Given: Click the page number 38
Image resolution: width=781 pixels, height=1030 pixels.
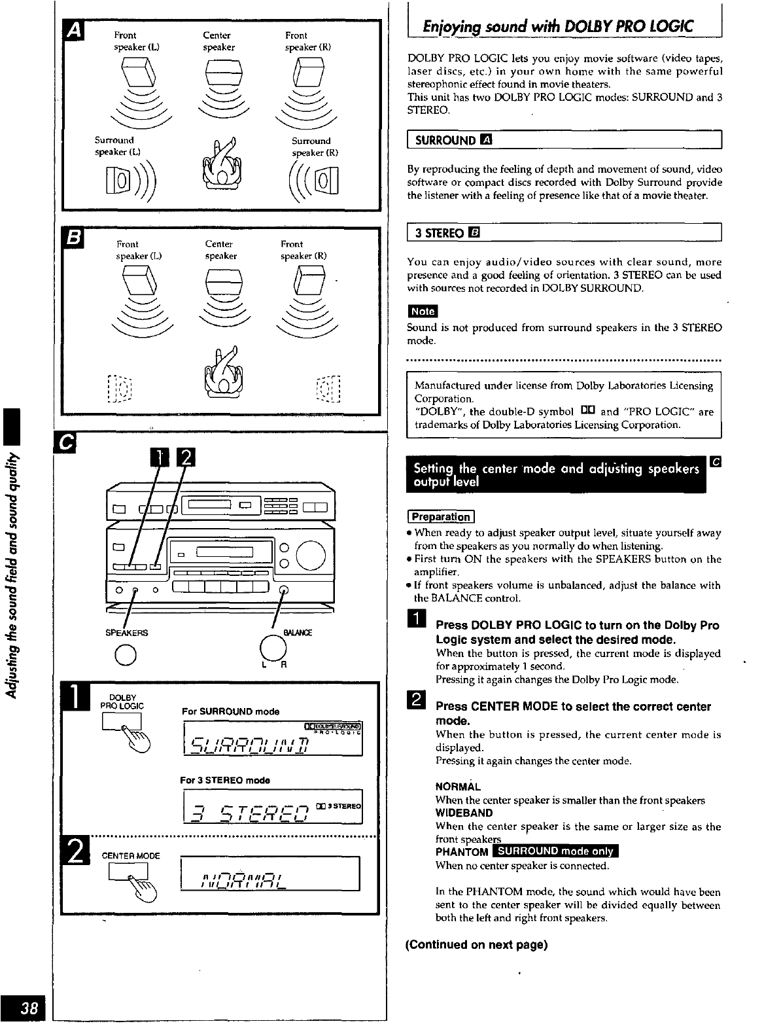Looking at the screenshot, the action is (29, 1007).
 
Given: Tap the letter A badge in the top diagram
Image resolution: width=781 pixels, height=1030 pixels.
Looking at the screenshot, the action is (74, 31).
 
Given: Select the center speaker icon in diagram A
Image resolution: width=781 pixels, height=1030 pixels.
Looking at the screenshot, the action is (224, 73).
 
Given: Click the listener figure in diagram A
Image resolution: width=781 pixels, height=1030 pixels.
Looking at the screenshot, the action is (222, 164).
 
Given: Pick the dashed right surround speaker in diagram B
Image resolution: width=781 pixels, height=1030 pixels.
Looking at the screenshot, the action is (328, 389).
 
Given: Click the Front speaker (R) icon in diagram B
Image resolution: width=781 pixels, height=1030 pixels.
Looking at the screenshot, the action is (309, 280).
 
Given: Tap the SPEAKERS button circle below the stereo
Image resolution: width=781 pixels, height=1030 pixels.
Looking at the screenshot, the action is (125, 654).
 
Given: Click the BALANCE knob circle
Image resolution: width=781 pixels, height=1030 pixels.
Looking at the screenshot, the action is (273, 648).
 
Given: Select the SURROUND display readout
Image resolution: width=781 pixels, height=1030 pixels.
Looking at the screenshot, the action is (273, 739).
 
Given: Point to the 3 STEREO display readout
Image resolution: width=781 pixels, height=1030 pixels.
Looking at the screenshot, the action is (273, 807).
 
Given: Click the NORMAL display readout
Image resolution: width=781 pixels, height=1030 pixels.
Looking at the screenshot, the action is (269, 873).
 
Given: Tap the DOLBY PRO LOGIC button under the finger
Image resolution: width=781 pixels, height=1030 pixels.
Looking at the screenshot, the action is (122, 721).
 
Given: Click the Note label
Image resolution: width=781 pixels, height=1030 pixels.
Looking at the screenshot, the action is (423, 311).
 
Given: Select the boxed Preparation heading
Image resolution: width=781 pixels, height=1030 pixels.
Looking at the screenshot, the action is (441, 517).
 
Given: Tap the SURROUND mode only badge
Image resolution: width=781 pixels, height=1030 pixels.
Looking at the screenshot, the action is (555, 851).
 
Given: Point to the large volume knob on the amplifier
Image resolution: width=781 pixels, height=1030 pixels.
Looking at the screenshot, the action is (311, 555).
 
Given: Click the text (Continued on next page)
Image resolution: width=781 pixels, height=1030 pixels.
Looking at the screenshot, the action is (477, 944).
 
